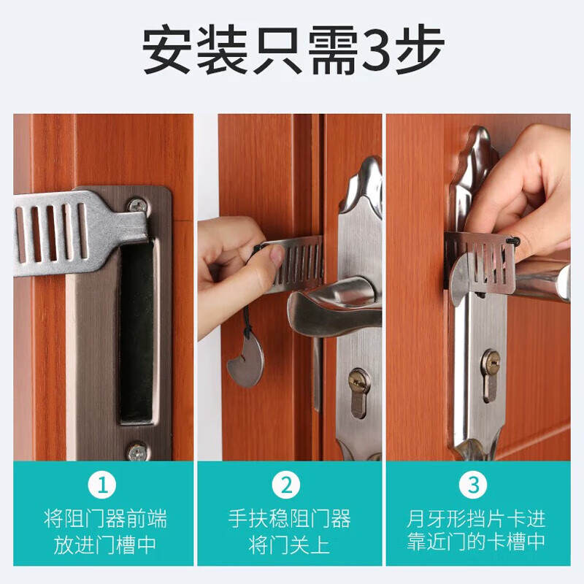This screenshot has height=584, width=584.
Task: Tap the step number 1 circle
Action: click(x=103, y=485)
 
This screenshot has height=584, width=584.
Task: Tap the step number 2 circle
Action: click(x=289, y=485)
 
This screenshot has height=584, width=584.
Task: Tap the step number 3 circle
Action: click(x=475, y=485)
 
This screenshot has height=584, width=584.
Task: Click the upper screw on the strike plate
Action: click(x=137, y=206)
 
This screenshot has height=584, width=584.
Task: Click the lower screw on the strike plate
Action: click(x=137, y=452)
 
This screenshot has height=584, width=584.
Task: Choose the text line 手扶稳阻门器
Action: click(x=290, y=519)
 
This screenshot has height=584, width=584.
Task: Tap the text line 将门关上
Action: click(x=290, y=544)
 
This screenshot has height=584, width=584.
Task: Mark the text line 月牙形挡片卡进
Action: click(x=476, y=519)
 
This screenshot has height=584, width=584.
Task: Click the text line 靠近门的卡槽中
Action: click(x=476, y=544)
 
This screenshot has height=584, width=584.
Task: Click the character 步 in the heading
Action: click(x=423, y=51)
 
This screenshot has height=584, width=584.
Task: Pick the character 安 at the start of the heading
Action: click(x=165, y=51)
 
